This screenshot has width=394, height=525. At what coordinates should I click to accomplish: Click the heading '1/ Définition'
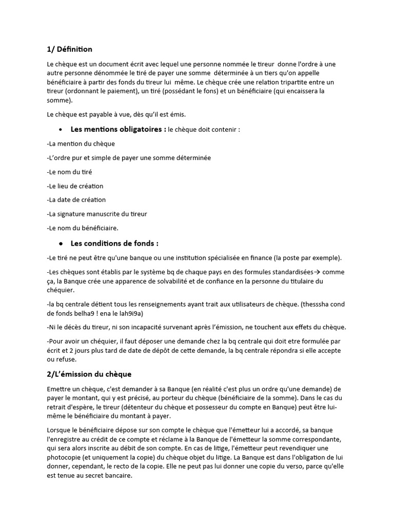[69, 49]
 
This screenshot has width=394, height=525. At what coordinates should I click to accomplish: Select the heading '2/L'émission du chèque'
[89, 374]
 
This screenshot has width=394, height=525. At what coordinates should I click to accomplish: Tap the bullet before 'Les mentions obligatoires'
[61, 130]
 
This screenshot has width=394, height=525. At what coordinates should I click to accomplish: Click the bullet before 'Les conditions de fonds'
[61, 244]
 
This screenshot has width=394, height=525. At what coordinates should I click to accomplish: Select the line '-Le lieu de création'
[75, 186]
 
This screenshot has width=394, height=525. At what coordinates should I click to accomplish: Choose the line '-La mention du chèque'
[81, 144]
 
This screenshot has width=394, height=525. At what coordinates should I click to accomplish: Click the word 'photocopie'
[64, 456]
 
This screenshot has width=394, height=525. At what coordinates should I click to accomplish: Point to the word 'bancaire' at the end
[117, 475]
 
